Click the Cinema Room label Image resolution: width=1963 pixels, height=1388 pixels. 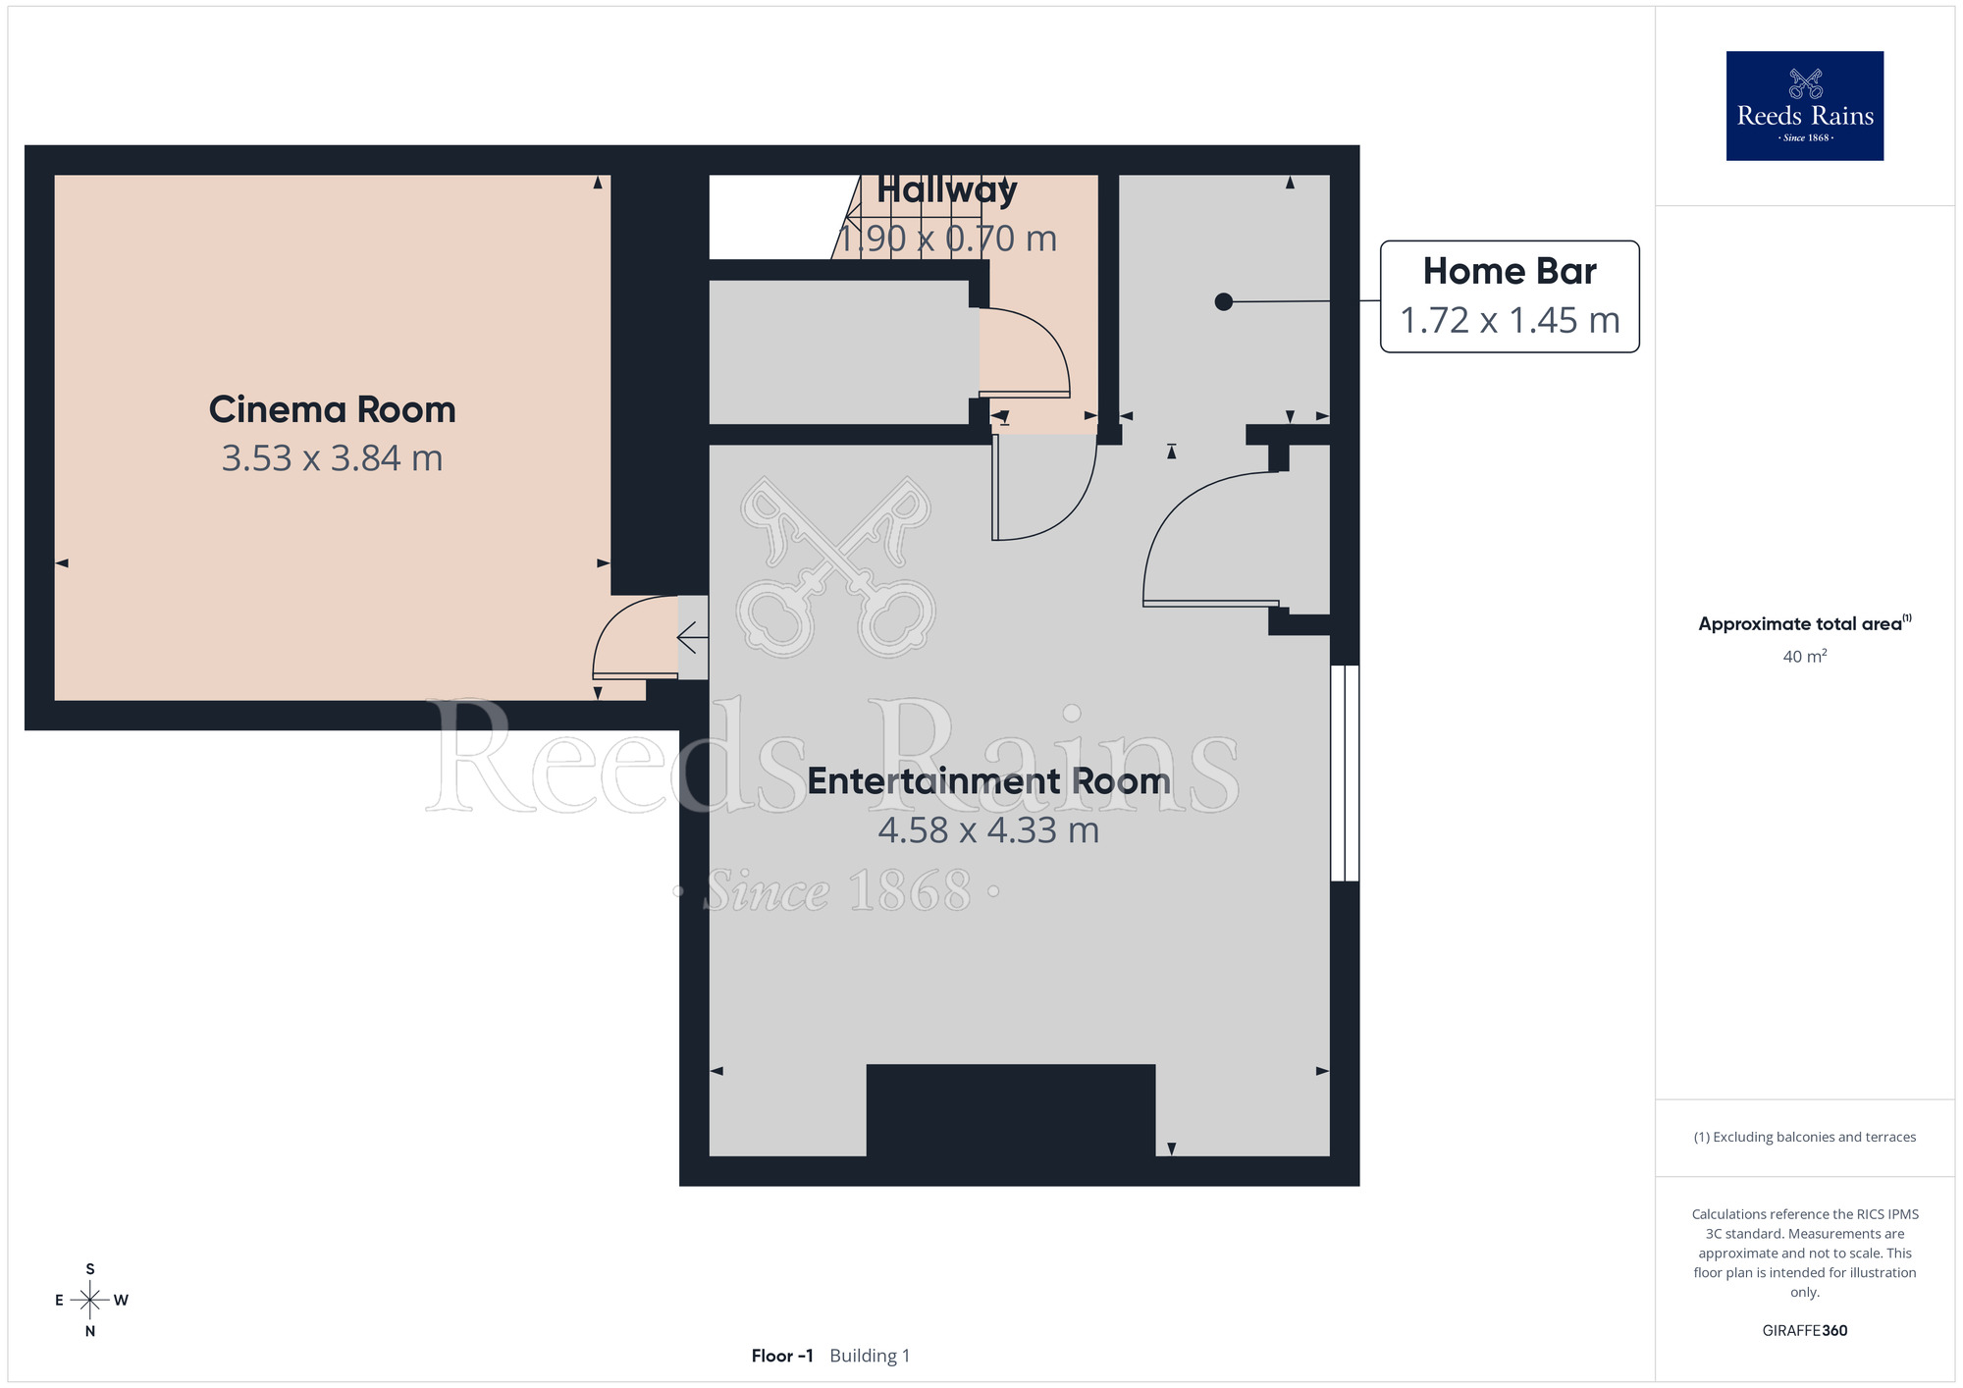(x=332, y=409)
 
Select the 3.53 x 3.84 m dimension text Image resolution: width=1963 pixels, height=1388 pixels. (x=332, y=458)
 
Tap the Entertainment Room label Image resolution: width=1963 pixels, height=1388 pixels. (x=988, y=781)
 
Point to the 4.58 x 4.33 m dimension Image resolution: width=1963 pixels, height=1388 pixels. (x=988, y=830)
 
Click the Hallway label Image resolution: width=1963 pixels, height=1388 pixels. (x=946, y=190)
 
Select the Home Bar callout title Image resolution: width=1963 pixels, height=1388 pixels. (x=1510, y=271)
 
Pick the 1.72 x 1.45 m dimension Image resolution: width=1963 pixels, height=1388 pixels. (x=1510, y=320)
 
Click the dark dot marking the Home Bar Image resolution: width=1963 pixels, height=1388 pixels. (x=1223, y=302)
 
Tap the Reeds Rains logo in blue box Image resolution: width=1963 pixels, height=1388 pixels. (x=1805, y=106)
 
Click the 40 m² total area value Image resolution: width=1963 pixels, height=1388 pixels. (x=1805, y=656)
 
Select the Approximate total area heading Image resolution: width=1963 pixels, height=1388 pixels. (x=1805, y=623)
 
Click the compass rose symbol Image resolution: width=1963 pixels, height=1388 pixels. (x=90, y=1301)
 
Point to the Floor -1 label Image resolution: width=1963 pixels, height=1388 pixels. (x=782, y=1356)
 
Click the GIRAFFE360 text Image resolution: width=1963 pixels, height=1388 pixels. (x=1805, y=1331)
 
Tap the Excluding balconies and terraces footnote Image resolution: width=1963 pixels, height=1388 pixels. (x=1805, y=1137)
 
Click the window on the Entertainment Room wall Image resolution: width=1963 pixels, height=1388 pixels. (x=1345, y=774)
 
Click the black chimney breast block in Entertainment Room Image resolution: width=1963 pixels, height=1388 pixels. (x=1011, y=1110)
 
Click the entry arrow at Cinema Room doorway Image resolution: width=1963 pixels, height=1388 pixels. (x=692, y=638)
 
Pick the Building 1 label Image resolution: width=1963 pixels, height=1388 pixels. (x=870, y=1356)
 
